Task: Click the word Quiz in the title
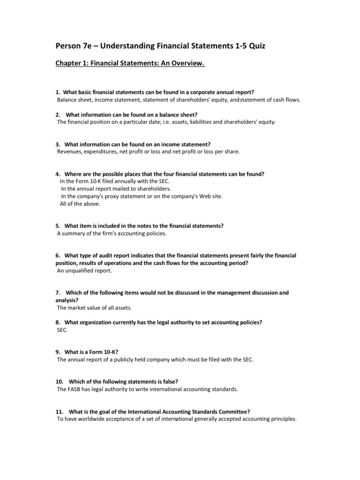pos(259,45)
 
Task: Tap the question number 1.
pos(58,92)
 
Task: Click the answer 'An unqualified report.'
pos(85,271)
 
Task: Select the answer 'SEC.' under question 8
pos(62,330)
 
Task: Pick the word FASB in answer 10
pos(76,390)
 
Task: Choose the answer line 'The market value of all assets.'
pos(94,308)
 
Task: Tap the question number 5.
pos(58,225)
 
